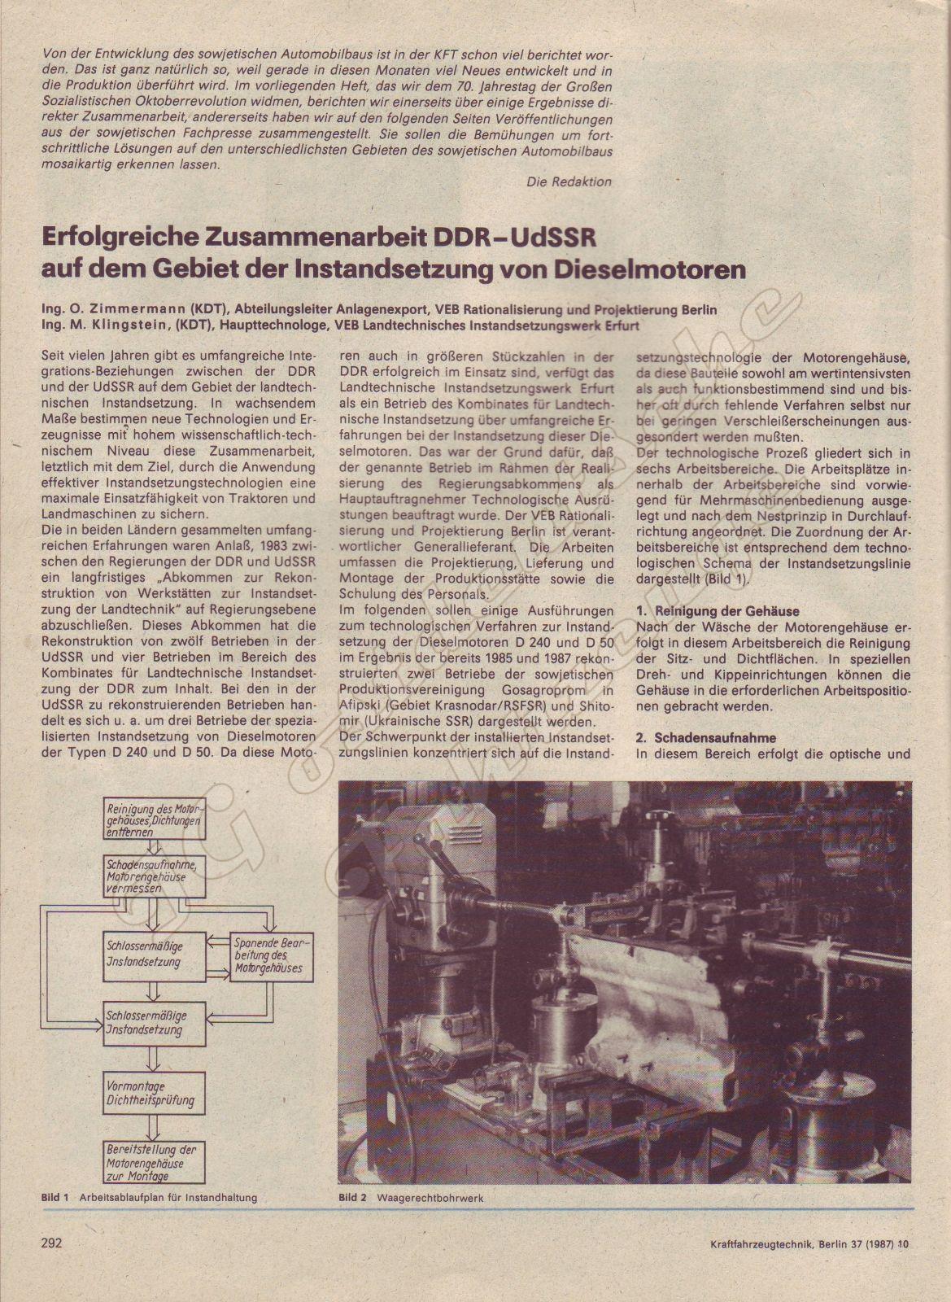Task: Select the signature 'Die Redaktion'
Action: click(569, 181)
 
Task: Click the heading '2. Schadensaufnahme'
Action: click(706, 738)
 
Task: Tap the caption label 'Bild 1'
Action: click(54, 1198)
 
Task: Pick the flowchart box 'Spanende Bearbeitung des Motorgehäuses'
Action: click(260, 955)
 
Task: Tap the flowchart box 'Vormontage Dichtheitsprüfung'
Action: click(152, 1094)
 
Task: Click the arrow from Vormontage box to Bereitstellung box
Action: click(152, 1128)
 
